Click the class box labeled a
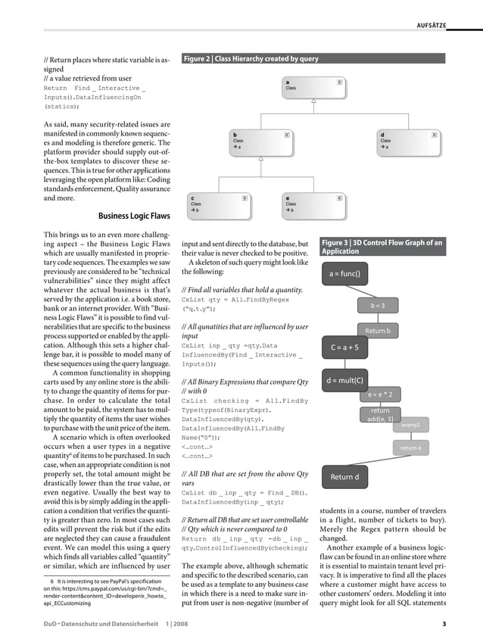click(x=313, y=89)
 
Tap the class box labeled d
click(x=410, y=142)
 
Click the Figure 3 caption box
click(x=383, y=247)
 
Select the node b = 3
click(x=378, y=305)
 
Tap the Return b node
click(x=378, y=331)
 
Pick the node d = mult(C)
click(x=344, y=380)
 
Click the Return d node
click(x=344, y=477)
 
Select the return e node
click(x=410, y=448)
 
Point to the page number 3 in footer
click(x=444, y=625)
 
